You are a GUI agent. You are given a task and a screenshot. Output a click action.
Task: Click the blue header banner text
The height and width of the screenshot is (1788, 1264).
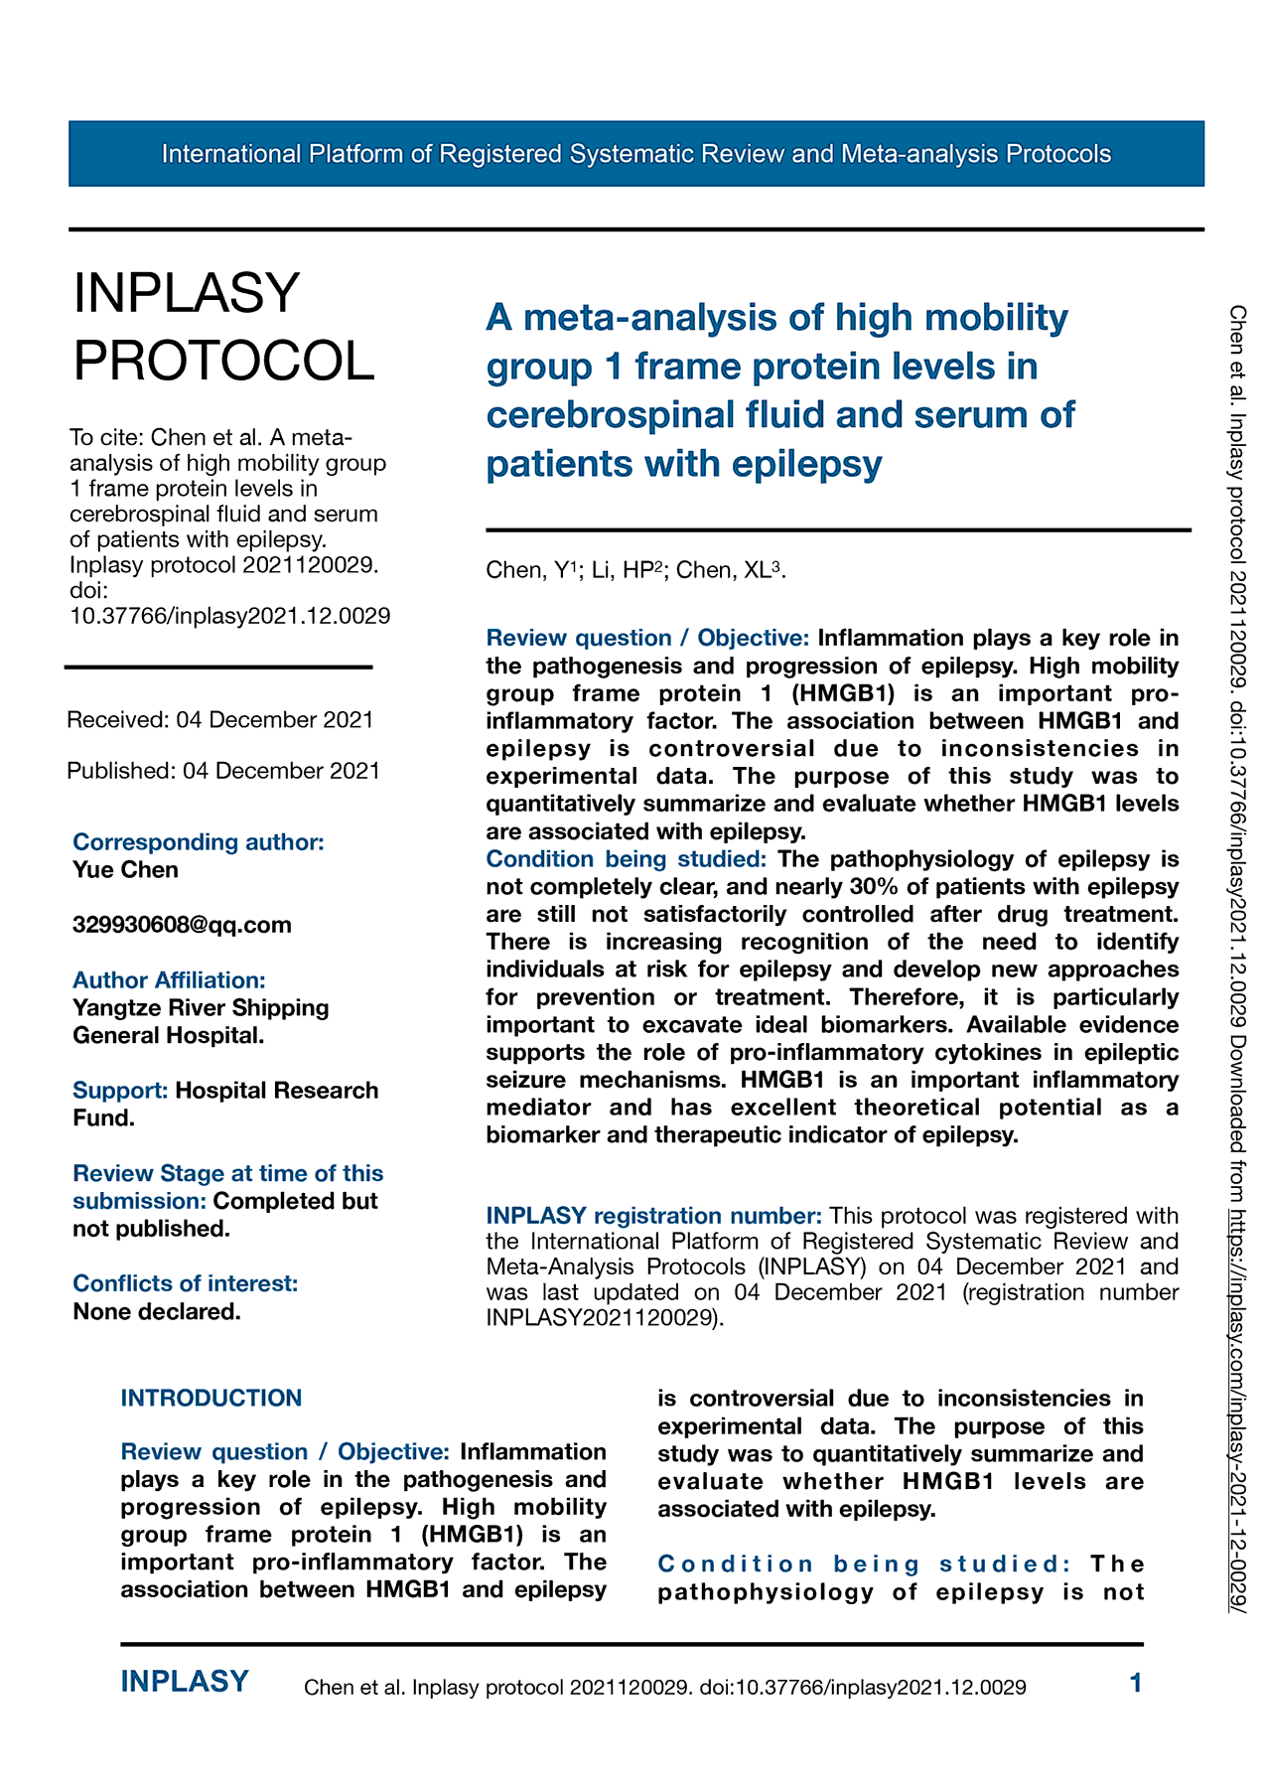coord(635,154)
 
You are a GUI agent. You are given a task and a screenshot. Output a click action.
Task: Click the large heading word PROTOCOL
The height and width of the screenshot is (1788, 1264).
coord(224,361)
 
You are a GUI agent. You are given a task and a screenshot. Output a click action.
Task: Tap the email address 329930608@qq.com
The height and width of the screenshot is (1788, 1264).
coord(182,925)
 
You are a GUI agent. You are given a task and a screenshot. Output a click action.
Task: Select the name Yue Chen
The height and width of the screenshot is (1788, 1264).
coord(125,870)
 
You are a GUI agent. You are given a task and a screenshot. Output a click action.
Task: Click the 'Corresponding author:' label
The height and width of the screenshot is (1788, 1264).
coord(199,842)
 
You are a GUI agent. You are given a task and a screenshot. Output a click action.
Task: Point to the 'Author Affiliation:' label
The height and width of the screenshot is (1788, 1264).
coord(169,980)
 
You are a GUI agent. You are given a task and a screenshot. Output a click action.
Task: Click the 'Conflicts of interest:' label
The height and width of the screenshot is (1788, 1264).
coord(185,1283)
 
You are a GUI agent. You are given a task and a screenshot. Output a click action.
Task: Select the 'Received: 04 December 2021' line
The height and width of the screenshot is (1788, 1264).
coord(219,720)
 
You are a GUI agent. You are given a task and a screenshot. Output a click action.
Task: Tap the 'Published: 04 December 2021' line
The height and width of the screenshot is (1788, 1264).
coord(223,771)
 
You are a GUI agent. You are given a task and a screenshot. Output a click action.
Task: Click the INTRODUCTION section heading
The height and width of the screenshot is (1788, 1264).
coord(211,1399)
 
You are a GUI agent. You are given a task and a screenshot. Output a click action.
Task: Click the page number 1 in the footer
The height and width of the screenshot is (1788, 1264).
coord(1136,1683)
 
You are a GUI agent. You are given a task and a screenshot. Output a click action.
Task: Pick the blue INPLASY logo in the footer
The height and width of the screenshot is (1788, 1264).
coord(185,1682)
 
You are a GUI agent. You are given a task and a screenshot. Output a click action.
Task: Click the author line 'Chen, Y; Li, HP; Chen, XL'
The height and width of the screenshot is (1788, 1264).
coord(635,570)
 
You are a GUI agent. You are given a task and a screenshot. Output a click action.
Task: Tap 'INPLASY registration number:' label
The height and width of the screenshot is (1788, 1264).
coord(653,1216)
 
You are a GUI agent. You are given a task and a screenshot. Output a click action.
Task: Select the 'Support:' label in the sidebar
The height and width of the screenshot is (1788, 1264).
coord(120,1091)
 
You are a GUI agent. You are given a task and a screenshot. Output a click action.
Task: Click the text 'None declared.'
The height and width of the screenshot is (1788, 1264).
coord(157,1311)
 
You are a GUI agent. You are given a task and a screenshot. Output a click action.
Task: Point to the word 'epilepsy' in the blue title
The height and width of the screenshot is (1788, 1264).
coord(805,464)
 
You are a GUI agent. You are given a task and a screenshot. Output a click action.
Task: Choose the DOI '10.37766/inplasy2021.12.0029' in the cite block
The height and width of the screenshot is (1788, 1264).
coord(229,616)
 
